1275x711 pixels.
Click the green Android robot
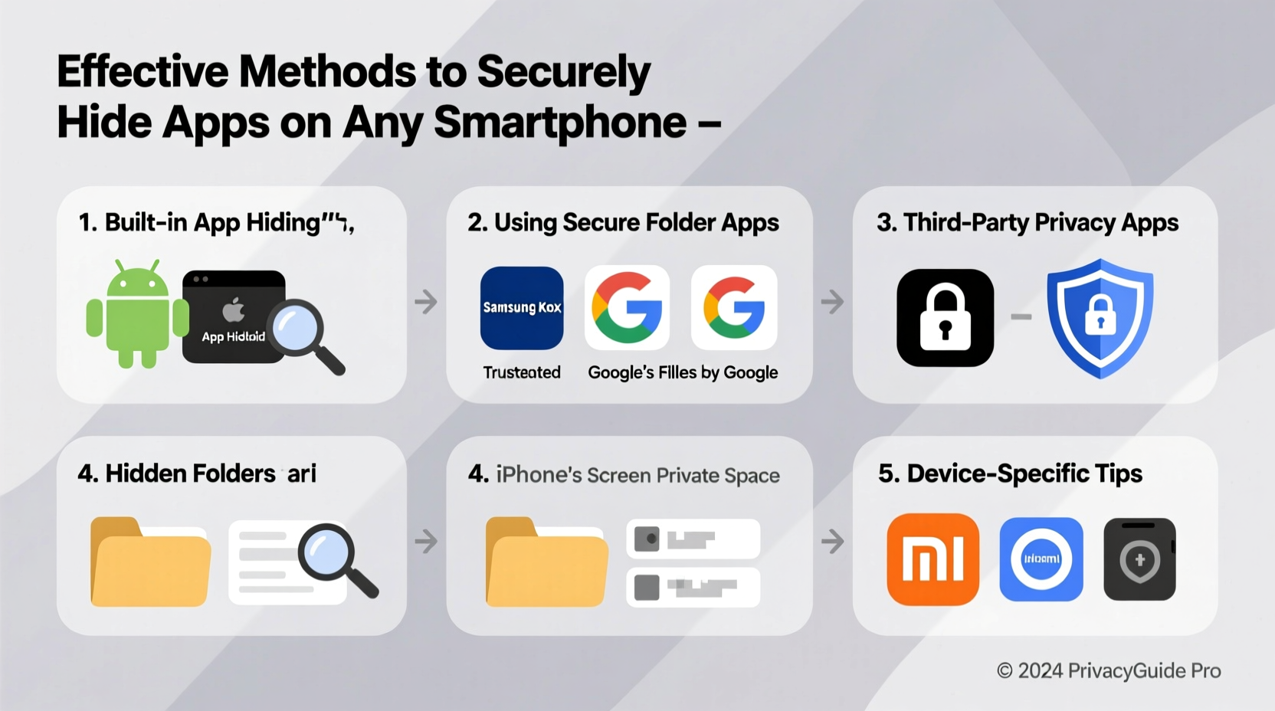[137, 315]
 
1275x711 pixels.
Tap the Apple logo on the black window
[234, 310]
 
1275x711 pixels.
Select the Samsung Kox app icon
[522, 308]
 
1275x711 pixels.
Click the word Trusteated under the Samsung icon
[522, 372]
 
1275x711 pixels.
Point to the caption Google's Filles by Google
[683, 372]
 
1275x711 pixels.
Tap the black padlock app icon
[945, 317]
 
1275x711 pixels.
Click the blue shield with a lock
[1100, 317]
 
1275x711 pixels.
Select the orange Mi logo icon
[932, 559]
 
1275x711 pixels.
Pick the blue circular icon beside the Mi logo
[1041, 559]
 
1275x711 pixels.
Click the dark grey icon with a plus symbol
[1139, 559]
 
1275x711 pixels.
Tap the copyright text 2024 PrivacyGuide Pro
[1109, 671]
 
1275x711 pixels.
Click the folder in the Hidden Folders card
[150, 562]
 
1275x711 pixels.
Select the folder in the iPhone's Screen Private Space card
[546, 562]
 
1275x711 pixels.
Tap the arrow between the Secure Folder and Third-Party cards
[832, 302]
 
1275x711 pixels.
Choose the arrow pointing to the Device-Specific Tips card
[832, 542]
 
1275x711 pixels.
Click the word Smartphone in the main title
[560, 123]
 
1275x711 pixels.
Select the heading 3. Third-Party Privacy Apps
[1028, 222]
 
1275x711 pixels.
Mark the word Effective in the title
[143, 72]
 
